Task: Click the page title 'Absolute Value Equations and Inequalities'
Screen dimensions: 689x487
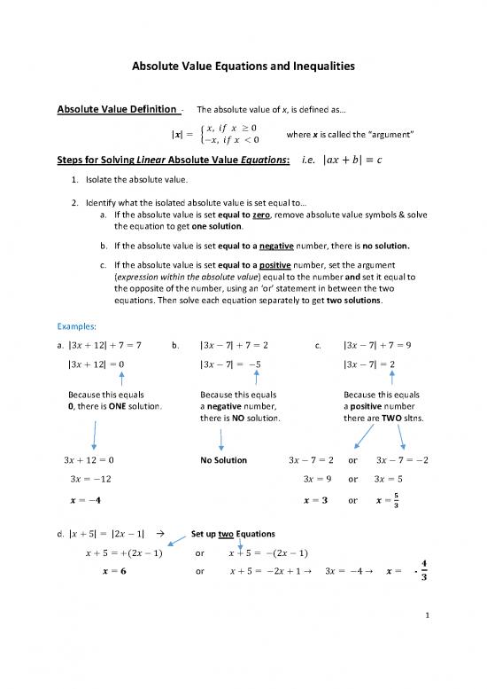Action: [x=243, y=65]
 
